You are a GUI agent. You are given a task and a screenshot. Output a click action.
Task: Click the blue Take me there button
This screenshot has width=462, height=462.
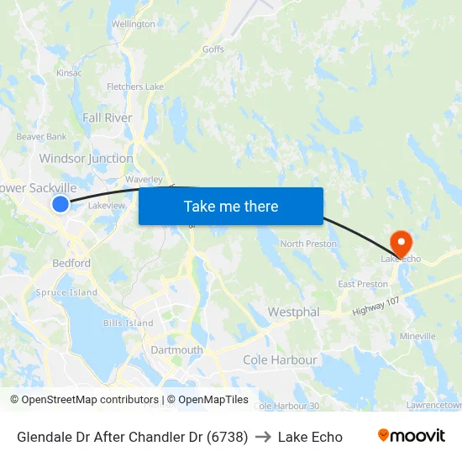pyautogui.click(x=231, y=206)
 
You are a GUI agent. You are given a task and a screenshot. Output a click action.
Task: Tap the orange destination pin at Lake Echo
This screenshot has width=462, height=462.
pyautogui.click(x=402, y=243)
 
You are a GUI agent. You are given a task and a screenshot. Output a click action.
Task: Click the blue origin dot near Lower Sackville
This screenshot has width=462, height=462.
pyautogui.click(x=60, y=203)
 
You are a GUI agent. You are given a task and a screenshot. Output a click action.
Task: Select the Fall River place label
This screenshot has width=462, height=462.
pyautogui.click(x=108, y=118)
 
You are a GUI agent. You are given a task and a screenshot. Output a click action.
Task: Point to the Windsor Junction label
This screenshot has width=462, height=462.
pyautogui.click(x=86, y=158)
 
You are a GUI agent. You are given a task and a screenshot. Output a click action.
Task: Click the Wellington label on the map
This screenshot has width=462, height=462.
pyautogui.click(x=134, y=24)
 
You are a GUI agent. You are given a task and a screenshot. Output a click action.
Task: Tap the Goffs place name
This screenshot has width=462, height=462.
pyautogui.click(x=213, y=50)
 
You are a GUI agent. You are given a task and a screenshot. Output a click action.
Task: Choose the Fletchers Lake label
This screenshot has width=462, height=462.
pyautogui.click(x=135, y=87)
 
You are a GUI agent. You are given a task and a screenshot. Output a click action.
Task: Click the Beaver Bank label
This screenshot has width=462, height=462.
pyautogui.click(x=41, y=136)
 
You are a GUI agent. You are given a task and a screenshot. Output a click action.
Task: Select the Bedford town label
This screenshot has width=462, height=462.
pyautogui.click(x=72, y=263)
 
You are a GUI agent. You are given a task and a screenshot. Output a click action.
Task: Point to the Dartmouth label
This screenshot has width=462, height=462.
pyautogui.click(x=176, y=349)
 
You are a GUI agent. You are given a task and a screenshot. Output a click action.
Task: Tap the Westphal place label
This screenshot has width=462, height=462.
pyautogui.click(x=293, y=312)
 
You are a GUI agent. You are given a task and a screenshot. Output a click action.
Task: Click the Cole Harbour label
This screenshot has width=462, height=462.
pyautogui.click(x=280, y=360)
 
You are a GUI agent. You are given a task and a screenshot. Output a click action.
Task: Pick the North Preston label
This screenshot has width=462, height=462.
pyautogui.click(x=308, y=244)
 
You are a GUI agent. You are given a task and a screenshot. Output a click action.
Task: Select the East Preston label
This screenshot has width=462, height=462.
pyautogui.click(x=363, y=284)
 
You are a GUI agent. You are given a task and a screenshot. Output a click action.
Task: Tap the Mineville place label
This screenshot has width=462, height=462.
pyautogui.click(x=417, y=336)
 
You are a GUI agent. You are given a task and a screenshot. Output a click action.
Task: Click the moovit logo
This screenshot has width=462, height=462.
pyautogui.click(x=412, y=436)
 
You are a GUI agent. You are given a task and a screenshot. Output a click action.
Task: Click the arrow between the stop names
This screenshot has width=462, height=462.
pyautogui.click(x=263, y=437)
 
